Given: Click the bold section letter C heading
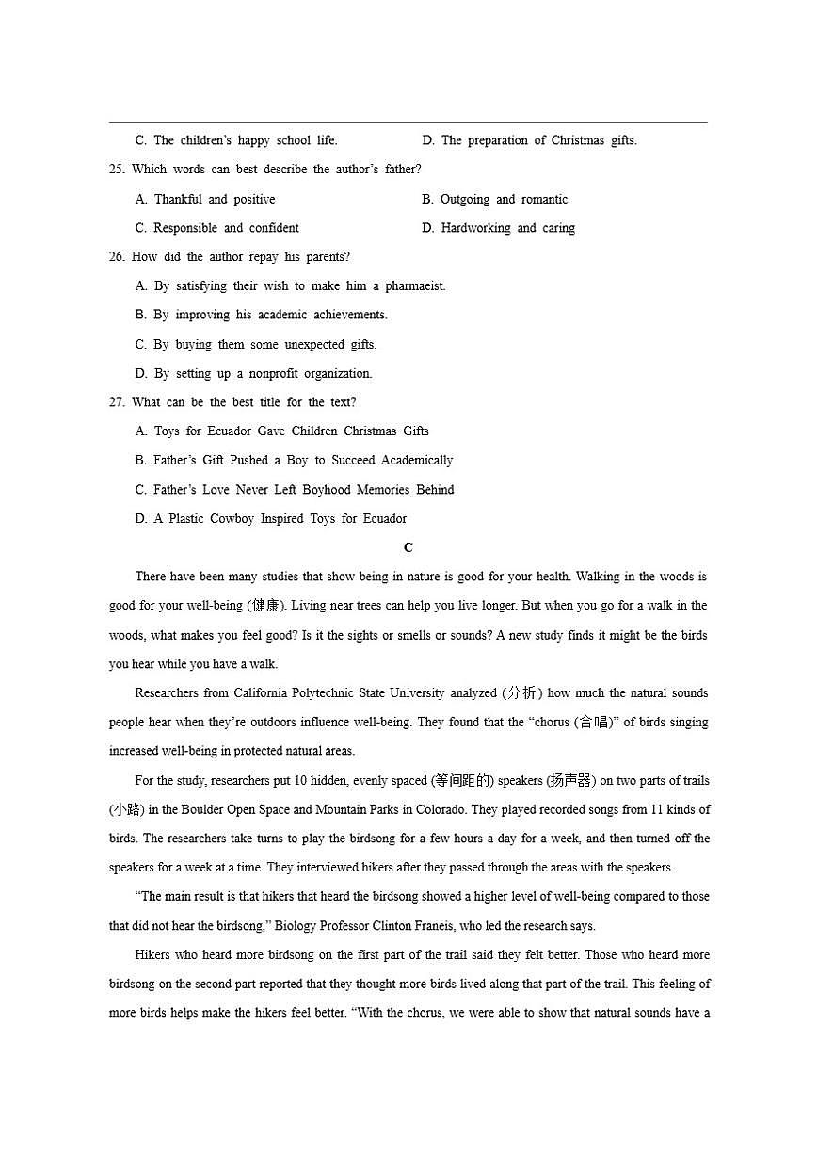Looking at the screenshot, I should pyautogui.click(x=408, y=547).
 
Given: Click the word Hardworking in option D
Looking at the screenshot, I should pyautogui.click(x=475, y=228).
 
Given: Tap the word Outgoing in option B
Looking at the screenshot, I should pyautogui.click(x=465, y=200).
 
